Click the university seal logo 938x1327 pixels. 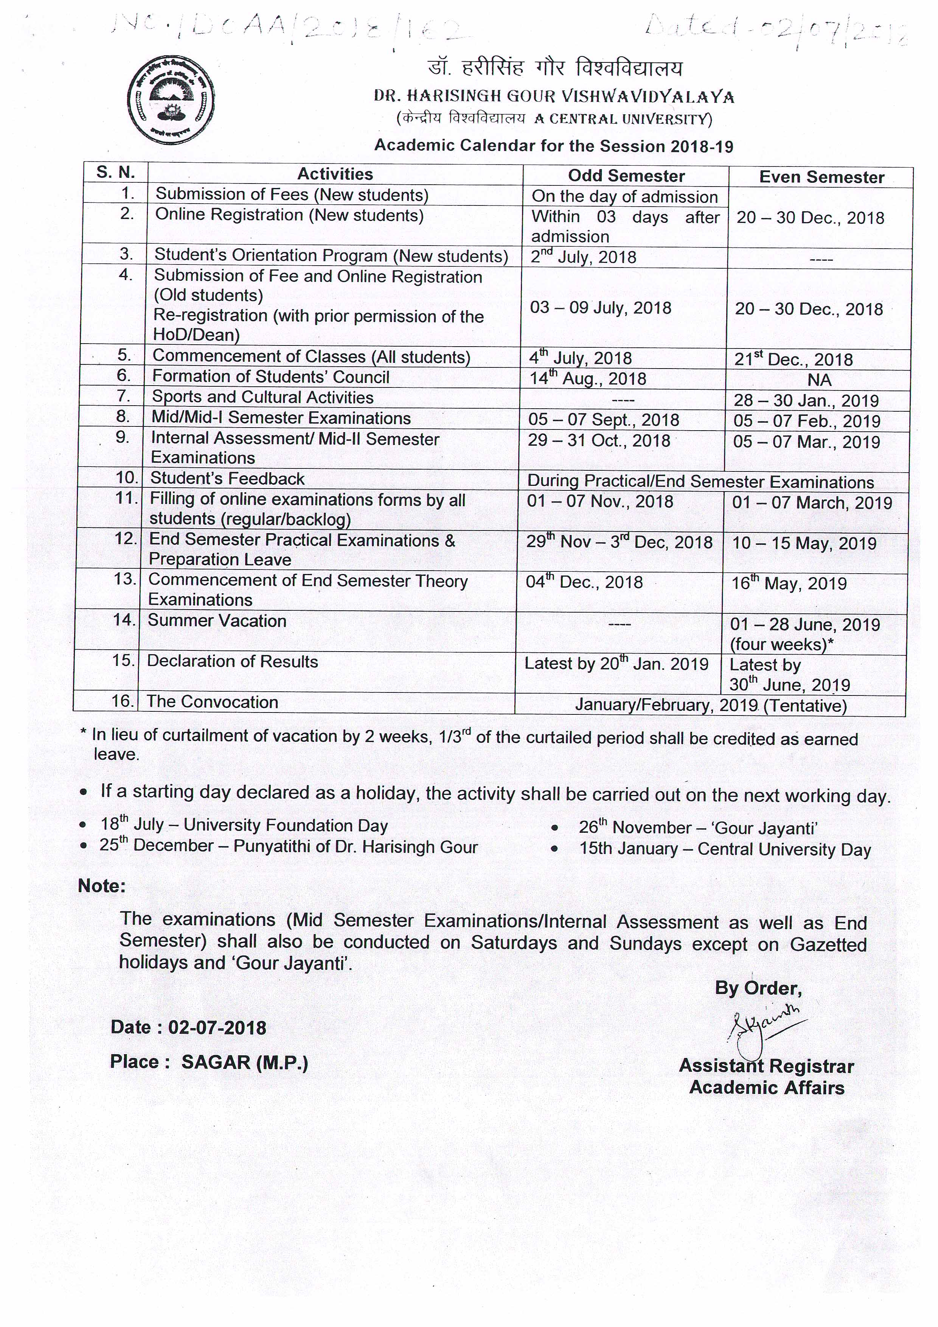(x=171, y=100)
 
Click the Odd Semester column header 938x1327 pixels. (x=626, y=176)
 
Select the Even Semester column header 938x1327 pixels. (x=822, y=177)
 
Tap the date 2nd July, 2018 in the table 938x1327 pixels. (x=583, y=256)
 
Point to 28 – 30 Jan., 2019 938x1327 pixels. (x=806, y=401)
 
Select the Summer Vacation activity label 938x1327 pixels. (x=217, y=621)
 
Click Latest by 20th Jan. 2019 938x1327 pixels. (x=616, y=664)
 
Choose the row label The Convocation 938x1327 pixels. (x=213, y=702)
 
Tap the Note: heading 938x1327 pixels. (x=102, y=886)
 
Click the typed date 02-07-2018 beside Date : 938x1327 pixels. (x=217, y=1028)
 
